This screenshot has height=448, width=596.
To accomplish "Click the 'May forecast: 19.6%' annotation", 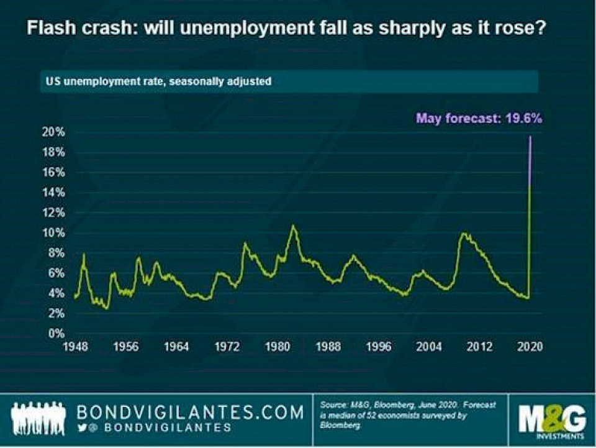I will pyautogui.click(x=479, y=117).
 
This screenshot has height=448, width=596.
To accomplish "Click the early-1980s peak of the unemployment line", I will pyautogui.click(x=294, y=226).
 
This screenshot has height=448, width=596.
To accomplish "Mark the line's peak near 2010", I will pyautogui.click(x=463, y=234).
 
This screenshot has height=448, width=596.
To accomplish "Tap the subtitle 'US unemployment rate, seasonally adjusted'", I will pyautogui.click(x=155, y=81).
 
